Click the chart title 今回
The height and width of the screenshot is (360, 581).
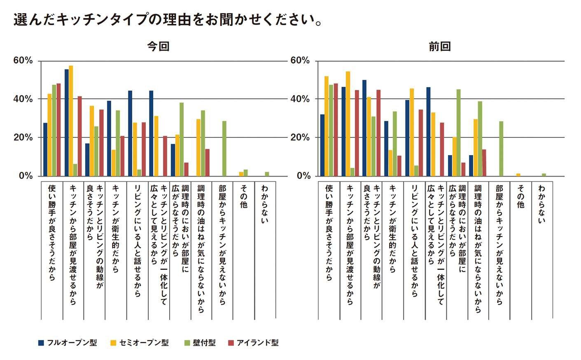click(x=159, y=46)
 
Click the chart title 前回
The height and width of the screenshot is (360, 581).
click(x=440, y=46)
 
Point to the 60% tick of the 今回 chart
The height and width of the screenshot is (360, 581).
click(x=23, y=60)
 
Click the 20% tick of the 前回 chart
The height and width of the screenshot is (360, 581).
click(x=300, y=137)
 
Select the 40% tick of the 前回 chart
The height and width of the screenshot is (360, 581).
click(x=300, y=99)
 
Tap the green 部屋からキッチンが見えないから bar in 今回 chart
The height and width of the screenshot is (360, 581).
click(x=224, y=149)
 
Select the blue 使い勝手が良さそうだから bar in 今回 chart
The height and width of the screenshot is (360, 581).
click(x=45, y=149)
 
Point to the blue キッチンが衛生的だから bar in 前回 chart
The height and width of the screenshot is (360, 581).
click(x=386, y=149)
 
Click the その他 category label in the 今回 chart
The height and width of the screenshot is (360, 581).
click(x=243, y=196)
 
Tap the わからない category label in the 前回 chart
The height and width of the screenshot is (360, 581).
click(x=541, y=204)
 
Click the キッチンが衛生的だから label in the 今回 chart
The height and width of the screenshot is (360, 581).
click(x=116, y=228)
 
